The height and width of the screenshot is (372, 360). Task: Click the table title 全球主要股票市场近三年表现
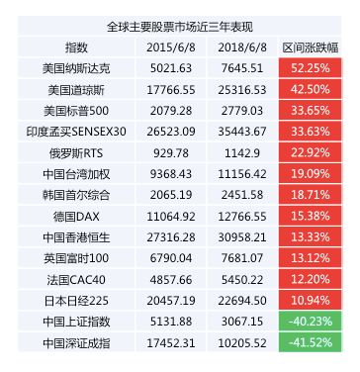coord(180,27)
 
